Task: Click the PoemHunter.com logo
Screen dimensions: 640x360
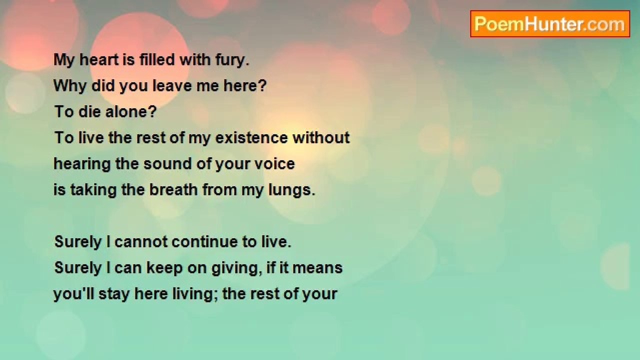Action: coord(550,24)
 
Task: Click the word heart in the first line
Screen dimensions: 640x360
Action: coord(99,60)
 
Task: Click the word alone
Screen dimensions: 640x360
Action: coord(131,111)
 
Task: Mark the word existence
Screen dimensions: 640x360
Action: coord(251,138)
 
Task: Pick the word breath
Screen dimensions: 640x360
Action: coord(173,190)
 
